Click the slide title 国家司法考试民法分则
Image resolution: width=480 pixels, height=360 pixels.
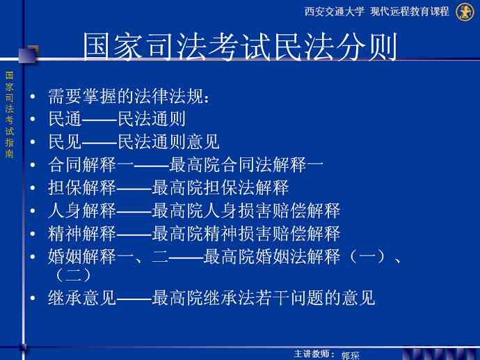coord(240,47)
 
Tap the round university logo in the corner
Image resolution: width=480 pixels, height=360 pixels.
coord(465,12)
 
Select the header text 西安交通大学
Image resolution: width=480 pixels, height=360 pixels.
coord(335,12)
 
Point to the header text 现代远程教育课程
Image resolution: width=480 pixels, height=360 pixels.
coord(410,12)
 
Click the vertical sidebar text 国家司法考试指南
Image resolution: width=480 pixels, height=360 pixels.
coord(10,115)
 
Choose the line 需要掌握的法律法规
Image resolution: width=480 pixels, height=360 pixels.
coord(129,96)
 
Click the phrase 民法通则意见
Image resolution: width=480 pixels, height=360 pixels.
coord(168,142)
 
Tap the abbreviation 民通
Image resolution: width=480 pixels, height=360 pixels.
coord(65,119)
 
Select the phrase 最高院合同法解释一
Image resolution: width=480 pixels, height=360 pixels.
coord(246,164)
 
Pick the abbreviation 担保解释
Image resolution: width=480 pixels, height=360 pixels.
coord(82,187)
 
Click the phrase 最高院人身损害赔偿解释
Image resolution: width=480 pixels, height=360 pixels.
coord(246,210)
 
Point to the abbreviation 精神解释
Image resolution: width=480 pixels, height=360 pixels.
coord(82,233)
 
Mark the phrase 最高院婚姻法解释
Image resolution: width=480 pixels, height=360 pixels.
coord(272,256)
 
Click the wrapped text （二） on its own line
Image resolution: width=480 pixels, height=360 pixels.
coord(73,275)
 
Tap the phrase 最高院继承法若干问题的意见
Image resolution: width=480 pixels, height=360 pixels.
coord(263,297)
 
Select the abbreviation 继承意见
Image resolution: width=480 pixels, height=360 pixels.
coord(82,297)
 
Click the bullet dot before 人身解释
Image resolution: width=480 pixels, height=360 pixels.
coord(33,210)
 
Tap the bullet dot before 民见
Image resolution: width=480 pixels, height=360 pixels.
coord(33,142)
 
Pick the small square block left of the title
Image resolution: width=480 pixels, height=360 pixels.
coord(29,54)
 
